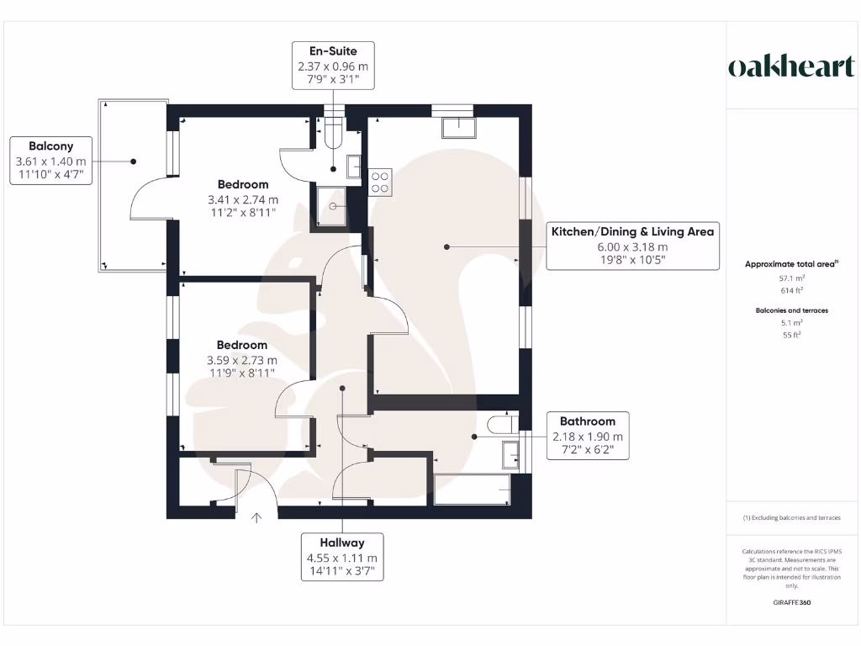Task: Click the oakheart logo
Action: click(x=790, y=67)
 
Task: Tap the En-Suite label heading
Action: click(x=333, y=51)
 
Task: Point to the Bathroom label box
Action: click(x=588, y=436)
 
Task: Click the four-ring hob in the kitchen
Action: click(x=379, y=183)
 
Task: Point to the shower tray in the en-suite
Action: click(x=333, y=206)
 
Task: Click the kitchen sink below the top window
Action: click(x=458, y=127)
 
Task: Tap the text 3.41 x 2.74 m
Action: click(x=243, y=200)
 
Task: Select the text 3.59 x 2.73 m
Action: click(x=242, y=360)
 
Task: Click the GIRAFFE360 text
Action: click(x=792, y=602)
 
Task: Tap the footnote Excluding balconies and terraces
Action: click(x=791, y=517)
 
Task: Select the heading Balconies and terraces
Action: click(x=791, y=310)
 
